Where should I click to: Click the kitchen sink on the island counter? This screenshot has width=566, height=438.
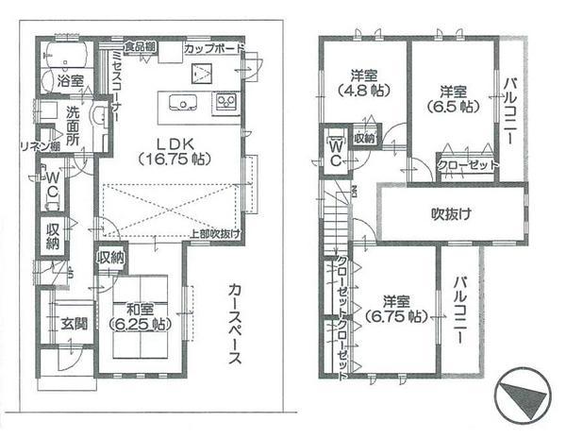(x=179, y=102)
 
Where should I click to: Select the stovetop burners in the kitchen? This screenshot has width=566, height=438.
(x=226, y=100)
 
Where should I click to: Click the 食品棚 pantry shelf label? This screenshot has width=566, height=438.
(x=140, y=46)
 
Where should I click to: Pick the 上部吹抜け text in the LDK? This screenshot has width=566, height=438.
(x=214, y=233)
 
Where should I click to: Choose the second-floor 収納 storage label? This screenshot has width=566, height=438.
(x=364, y=138)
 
